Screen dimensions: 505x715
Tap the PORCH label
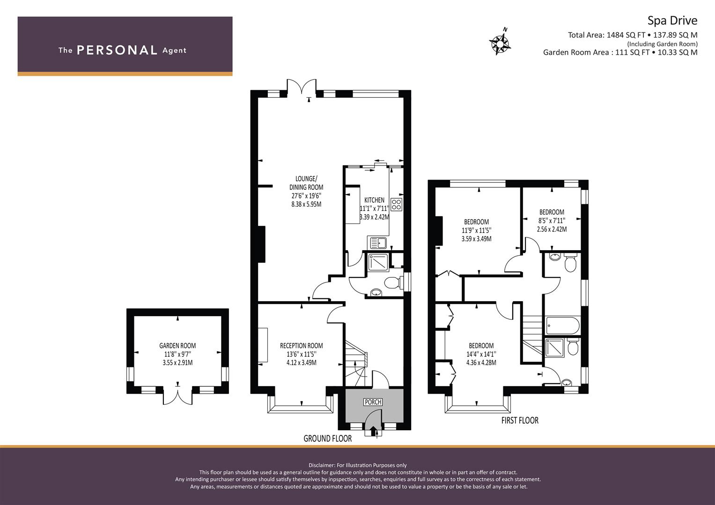tap(373, 402)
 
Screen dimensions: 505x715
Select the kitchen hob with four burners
tap(396, 204)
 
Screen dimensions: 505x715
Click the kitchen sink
tap(377, 243)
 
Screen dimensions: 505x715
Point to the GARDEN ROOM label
tap(177, 346)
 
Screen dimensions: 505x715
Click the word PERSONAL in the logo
tap(117, 50)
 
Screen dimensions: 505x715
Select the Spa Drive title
tap(672, 21)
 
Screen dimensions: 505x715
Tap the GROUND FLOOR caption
tap(327, 439)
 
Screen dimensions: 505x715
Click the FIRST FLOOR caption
tap(520, 420)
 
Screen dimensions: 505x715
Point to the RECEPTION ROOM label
tap(301, 346)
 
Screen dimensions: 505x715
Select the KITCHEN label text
tap(374, 200)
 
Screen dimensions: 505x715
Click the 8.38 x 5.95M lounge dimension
tap(306, 204)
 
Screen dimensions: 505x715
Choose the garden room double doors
tap(177, 396)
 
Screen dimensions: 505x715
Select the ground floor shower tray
tap(378, 262)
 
